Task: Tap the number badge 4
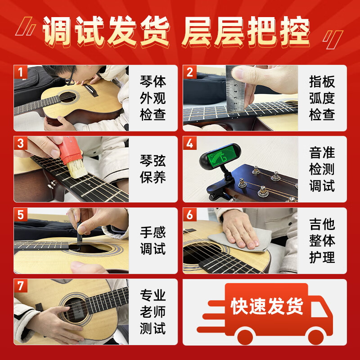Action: point(189,144)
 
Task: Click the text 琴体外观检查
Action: point(153,98)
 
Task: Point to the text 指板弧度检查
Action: point(322,98)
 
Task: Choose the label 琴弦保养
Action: point(153,169)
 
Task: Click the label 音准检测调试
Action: point(322,169)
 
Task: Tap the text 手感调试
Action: point(153,240)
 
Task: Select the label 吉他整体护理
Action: point(322,240)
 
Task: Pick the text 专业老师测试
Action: point(153,312)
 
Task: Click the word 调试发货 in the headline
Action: point(106,31)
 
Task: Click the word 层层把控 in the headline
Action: point(246,31)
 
